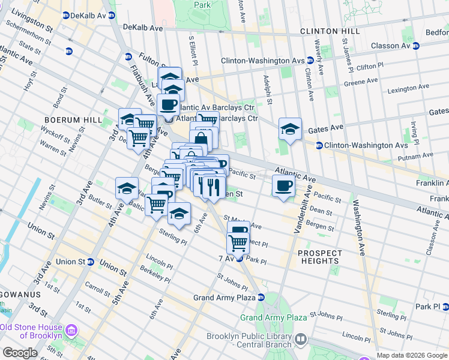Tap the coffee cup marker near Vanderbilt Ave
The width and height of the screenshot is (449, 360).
coord(283,185)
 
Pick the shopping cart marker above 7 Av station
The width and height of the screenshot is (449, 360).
coord(238,243)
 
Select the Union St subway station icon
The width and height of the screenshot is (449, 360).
coord(90,262)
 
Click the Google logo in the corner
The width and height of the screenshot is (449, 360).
coord(20,353)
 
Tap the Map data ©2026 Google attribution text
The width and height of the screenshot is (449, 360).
coord(411,355)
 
